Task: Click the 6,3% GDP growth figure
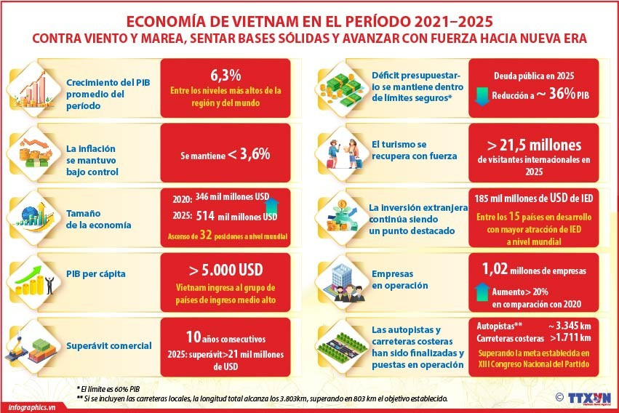(x=225, y=75)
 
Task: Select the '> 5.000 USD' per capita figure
(x=225, y=270)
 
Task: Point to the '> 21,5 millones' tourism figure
(x=535, y=143)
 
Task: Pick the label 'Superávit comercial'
(x=108, y=345)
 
